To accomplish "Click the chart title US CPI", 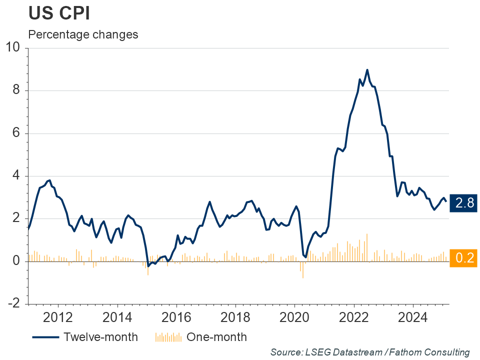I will (x=59, y=13).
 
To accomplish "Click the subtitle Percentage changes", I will (x=83, y=35).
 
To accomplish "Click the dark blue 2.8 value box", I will (x=462, y=203).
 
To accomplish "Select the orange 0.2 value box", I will (x=462, y=258).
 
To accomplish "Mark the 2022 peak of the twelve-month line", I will (x=367, y=70).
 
